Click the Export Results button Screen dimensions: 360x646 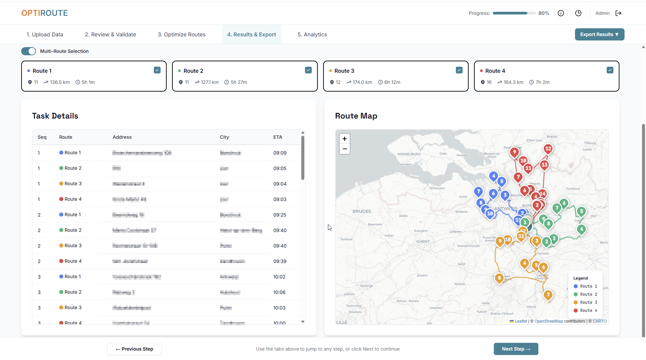[599, 34]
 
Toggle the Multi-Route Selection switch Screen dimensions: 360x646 [29, 51]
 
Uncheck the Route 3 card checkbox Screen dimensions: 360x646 [459, 70]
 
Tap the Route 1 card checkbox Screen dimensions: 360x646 [157, 70]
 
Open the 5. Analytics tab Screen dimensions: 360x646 [312, 34]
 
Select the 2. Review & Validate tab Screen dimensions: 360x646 [110, 34]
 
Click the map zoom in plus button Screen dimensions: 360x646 [344, 139]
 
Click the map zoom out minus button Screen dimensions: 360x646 [344, 149]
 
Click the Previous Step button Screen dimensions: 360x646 [134, 349]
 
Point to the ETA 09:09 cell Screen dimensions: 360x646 [280, 153]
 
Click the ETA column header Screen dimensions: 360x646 [278, 137]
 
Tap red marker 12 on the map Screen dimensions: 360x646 [548, 149]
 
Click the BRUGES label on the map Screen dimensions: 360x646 [362, 211]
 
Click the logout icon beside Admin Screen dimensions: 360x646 [618, 13]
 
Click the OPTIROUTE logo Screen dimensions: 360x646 [44, 13]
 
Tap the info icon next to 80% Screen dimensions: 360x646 [561, 13]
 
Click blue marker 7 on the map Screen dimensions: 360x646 [478, 192]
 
